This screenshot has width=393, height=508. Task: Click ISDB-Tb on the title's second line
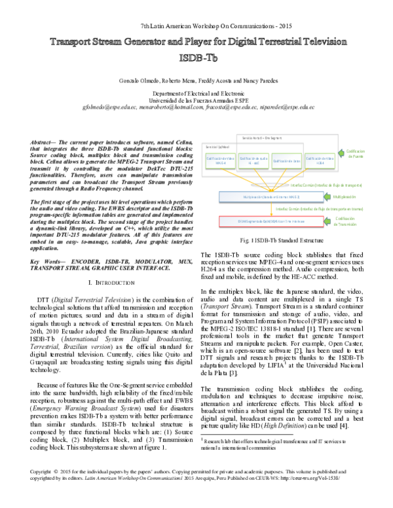pyautogui.click(x=197, y=57)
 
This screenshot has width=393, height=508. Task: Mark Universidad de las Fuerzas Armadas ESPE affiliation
pyautogui.click(x=197, y=100)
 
